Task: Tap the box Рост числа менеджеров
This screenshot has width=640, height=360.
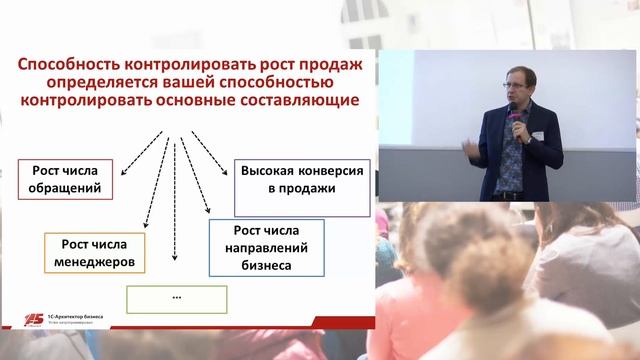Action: (94, 254)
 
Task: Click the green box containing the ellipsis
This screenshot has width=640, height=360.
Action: (176, 299)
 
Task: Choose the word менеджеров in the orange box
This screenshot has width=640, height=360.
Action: (94, 264)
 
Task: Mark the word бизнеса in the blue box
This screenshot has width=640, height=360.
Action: (264, 266)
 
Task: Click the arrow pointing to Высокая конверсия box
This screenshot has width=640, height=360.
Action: (213, 140)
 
